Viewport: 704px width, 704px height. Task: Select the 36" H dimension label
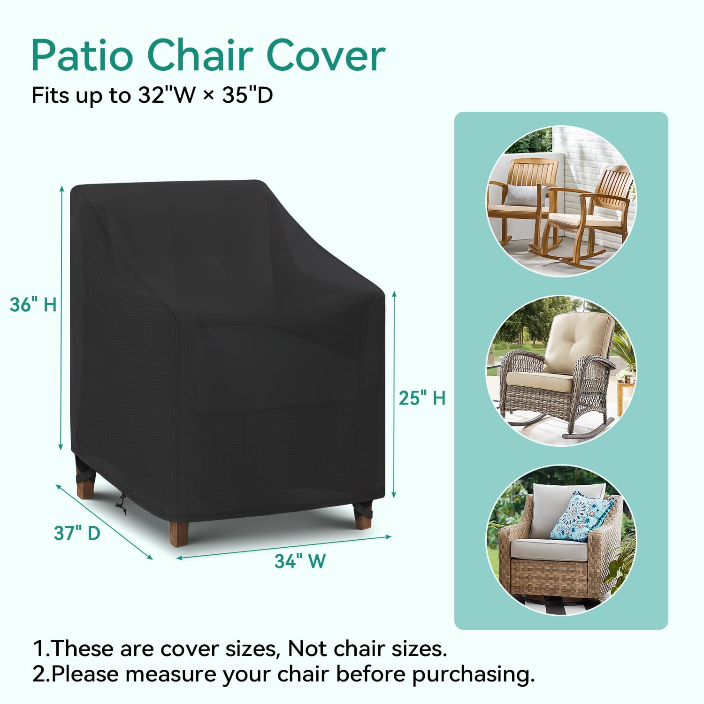(x=33, y=305)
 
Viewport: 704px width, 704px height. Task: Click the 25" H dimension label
(x=422, y=398)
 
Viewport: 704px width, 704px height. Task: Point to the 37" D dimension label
(x=77, y=533)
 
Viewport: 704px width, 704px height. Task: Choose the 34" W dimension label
(x=300, y=561)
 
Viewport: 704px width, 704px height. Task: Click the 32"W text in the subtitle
(x=167, y=95)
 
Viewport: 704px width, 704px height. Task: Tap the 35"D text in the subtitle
(x=247, y=95)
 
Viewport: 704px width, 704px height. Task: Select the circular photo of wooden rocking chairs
(x=561, y=201)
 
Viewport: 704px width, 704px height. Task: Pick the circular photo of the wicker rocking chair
(x=561, y=370)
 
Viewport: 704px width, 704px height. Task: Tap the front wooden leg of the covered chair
(x=179, y=534)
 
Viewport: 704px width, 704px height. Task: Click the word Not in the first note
(x=307, y=649)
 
